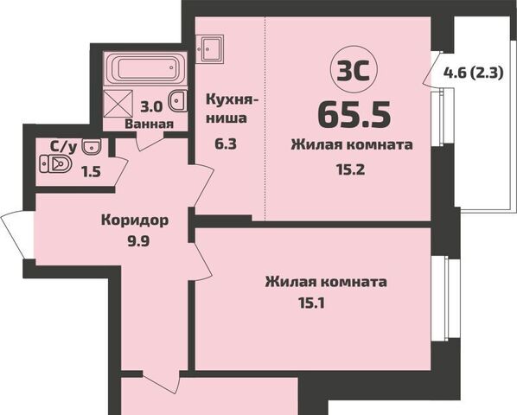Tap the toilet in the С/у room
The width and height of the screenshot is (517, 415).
(x=60, y=163)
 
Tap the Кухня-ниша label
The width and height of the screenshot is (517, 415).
(x=227, y=108)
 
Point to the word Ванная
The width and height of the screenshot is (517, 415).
(x=150, y=124)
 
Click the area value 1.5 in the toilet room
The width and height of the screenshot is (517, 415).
(x=91, y=170)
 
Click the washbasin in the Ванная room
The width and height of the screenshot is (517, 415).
(x=178, y=102)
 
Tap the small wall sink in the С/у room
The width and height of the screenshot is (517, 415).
(x=94, y=145)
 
